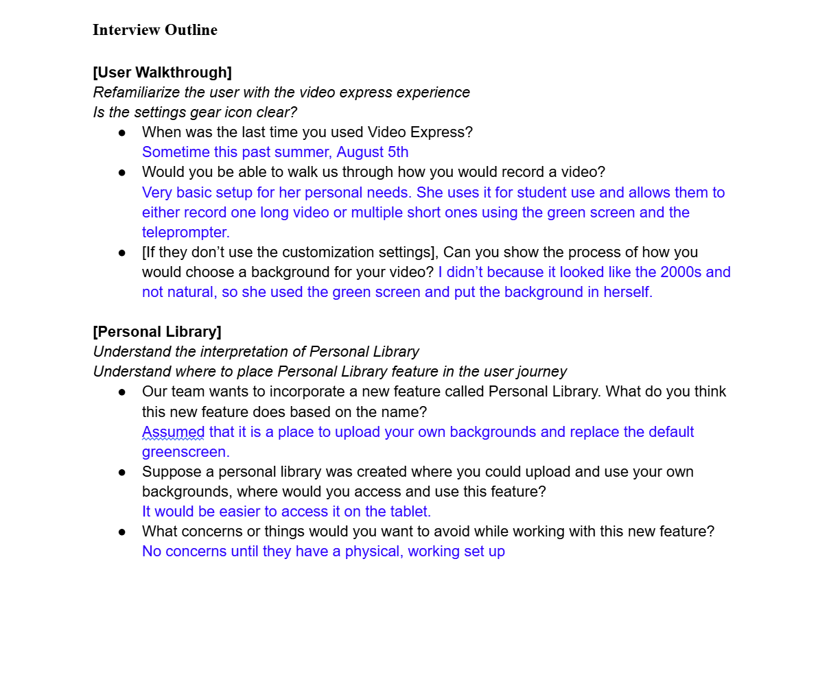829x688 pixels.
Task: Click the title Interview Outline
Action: pos(155,30)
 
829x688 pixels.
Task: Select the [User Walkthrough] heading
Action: pos(162,73)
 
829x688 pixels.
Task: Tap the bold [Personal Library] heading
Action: pos(157,332)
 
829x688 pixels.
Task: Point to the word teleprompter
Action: pos(185,233)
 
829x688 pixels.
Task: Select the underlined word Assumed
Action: pos(173,432)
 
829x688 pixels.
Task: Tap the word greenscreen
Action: pos(185,452)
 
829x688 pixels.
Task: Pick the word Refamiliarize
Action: pos(137,93)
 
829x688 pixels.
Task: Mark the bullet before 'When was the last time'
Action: pos(122,132)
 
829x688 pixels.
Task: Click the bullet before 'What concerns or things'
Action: pos(122,532)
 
